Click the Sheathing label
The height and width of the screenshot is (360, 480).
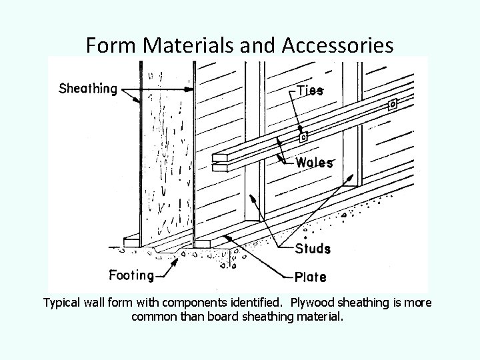point(88,88)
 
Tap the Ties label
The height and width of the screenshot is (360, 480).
point(309,91)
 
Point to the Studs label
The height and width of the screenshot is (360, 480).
point(313,249)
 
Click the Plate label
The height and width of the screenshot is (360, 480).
point(311,274)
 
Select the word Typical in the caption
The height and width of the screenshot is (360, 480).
point(65,303)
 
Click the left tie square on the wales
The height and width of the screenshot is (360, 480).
point(304,137)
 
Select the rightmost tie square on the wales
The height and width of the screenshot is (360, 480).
point(393,105)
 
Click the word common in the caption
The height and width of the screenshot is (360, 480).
point(153,316)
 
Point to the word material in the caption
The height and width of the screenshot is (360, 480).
point(319,316)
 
